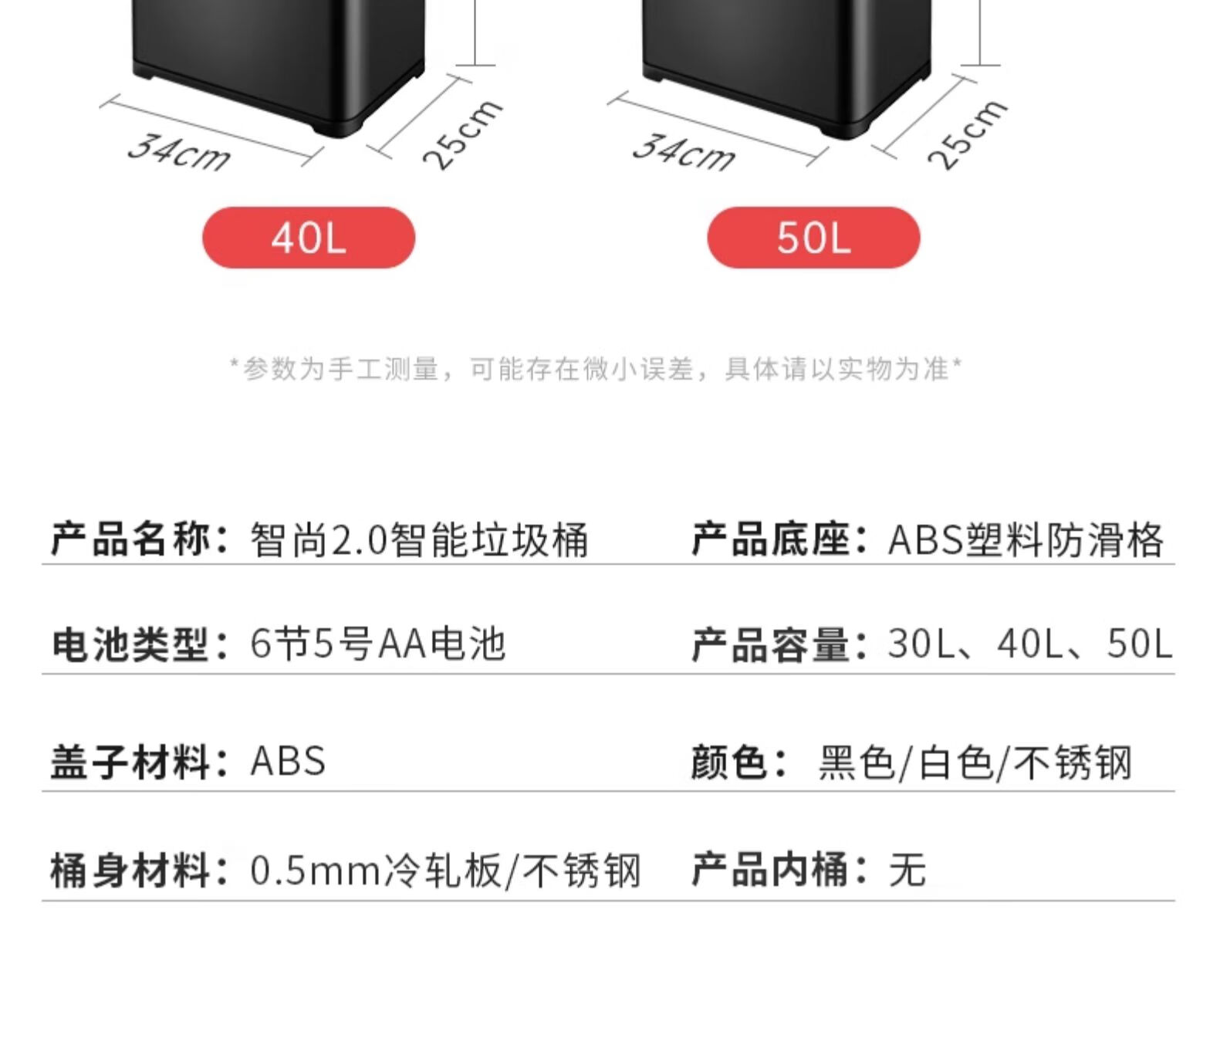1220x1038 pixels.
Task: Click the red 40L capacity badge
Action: (x=309, y=238)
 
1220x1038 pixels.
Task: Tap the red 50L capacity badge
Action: (x=813, y=238)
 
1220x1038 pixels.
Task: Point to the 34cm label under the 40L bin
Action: (x=179, y=153)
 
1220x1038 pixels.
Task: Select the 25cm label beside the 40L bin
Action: (x=463, y=135)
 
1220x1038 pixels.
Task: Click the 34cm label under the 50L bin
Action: (x=684, y=153)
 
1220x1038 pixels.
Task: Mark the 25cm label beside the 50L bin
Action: (x=968, y=135)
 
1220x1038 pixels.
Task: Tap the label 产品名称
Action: (x=131, y=539)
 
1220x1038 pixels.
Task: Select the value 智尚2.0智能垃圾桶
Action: (x=420, y=539)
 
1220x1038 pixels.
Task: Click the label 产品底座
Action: (x=771, y=539)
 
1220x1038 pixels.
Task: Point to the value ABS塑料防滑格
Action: (x=1026, y=539)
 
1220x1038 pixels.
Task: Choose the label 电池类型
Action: (x=131, y=644)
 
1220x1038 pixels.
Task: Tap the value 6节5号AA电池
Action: (x=378, y=644)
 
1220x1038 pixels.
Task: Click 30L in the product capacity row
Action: (x=921, y=644)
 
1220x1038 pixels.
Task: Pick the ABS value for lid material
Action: (x=288, y=760)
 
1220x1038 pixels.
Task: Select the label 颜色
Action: (x=731, y=762)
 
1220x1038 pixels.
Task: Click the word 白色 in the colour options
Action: (x=955, y=762)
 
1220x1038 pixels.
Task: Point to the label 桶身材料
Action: (x=131, y=871)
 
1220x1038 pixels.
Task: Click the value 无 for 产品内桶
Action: (x=907, y=871)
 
